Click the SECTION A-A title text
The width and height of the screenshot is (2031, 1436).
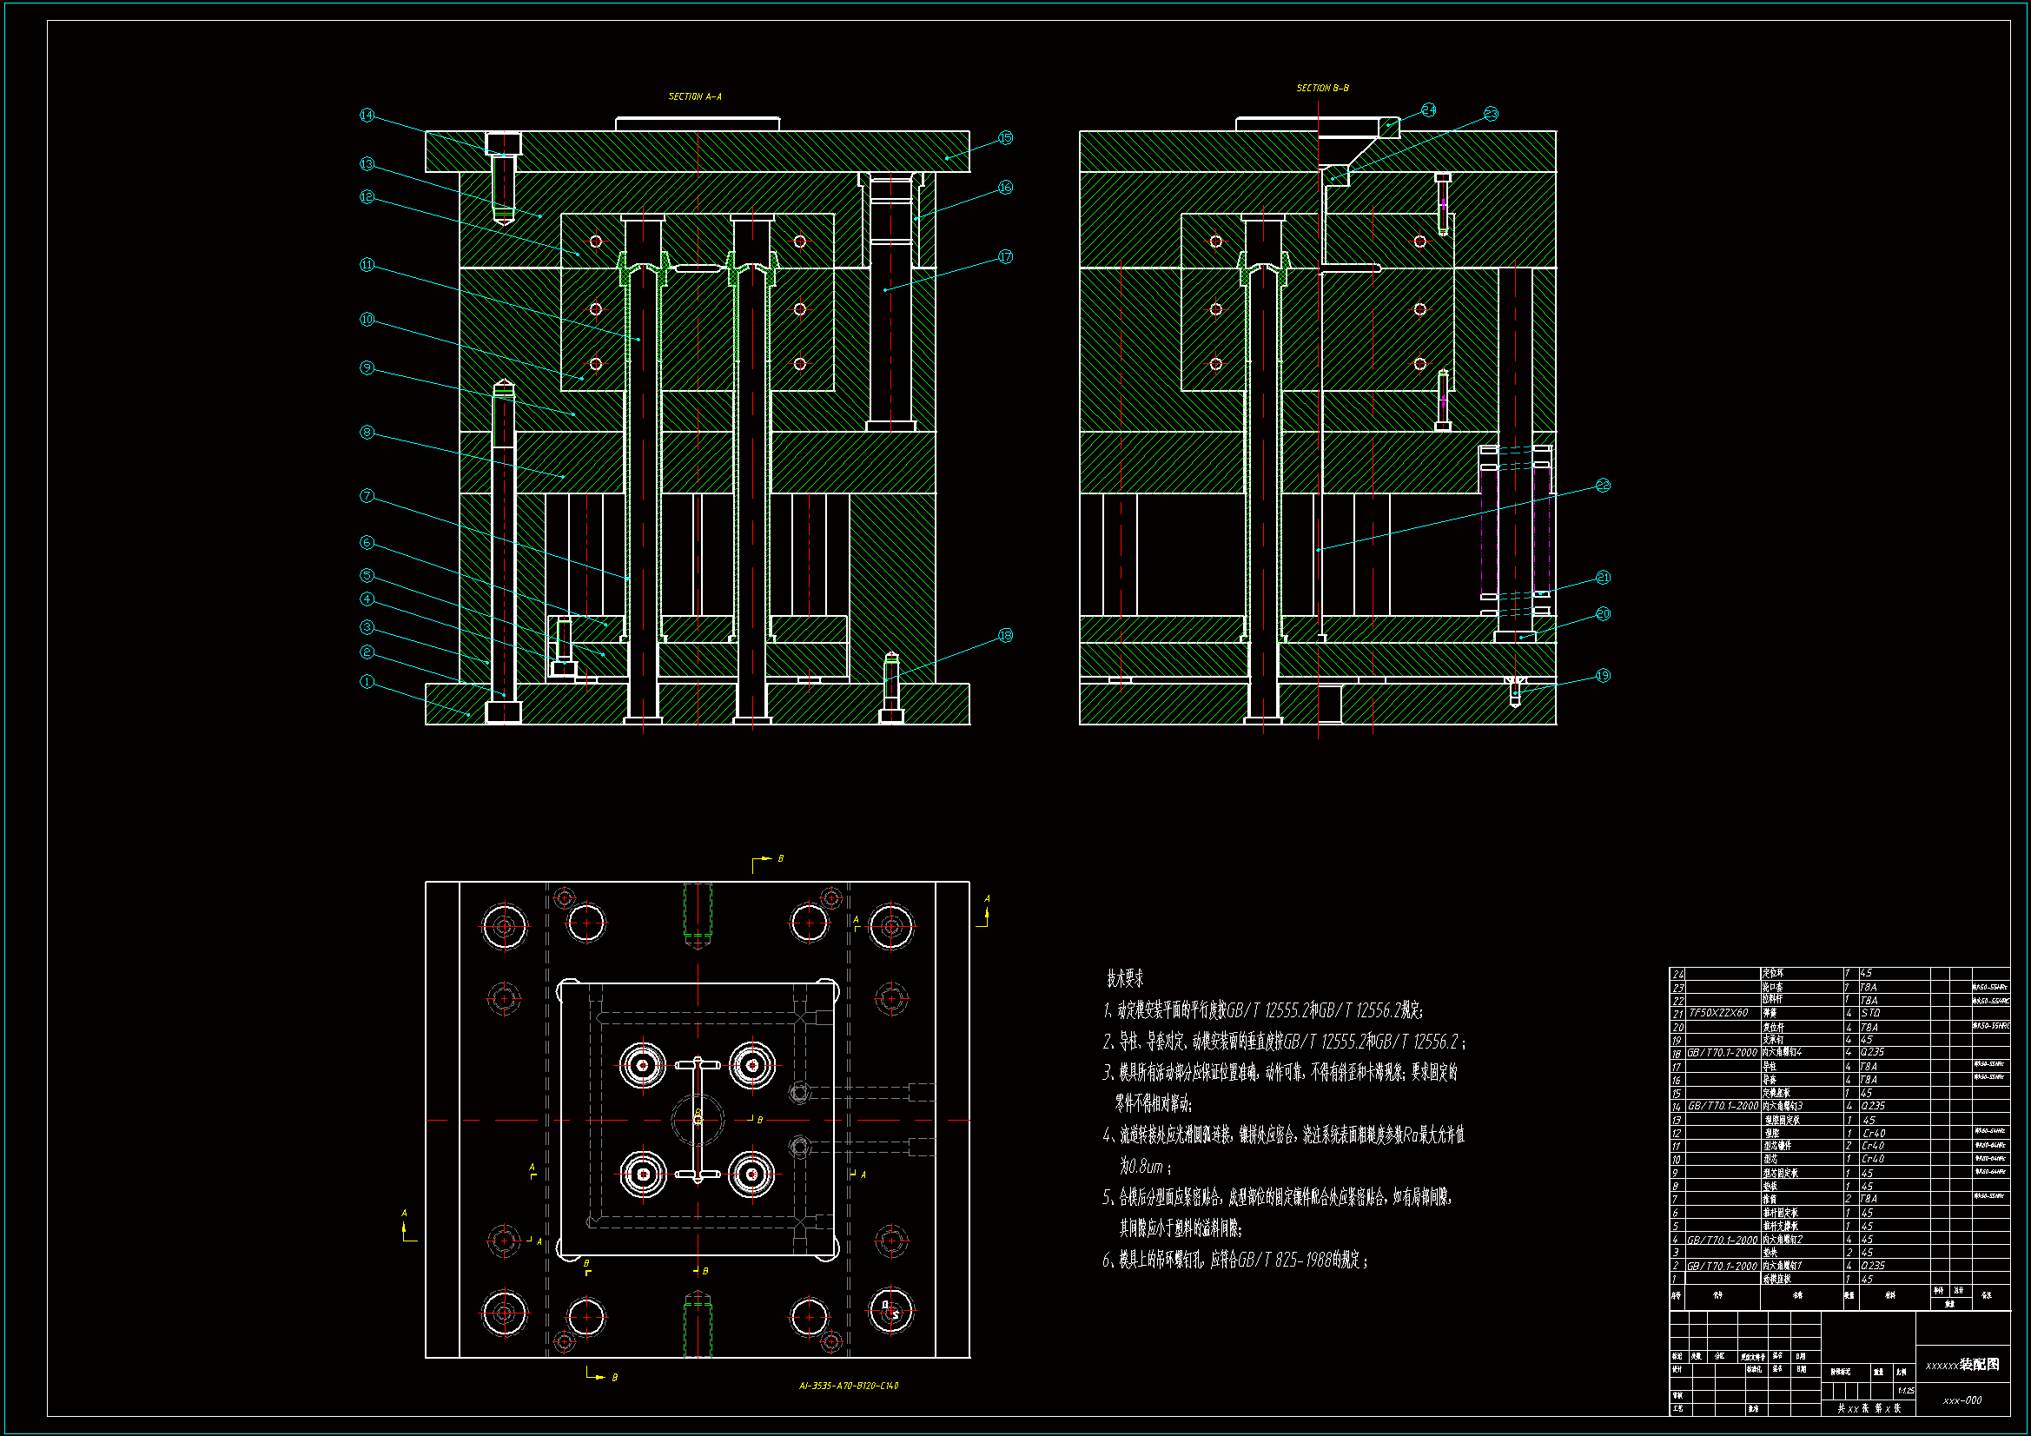694,96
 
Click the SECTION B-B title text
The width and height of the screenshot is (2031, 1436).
1321,88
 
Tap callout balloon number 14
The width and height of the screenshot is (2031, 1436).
367,116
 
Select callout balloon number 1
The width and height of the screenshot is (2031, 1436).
367,681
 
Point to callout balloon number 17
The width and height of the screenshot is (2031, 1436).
1005,256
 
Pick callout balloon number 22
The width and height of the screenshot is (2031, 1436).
1603,485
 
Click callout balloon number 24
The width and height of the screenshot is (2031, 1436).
1429,109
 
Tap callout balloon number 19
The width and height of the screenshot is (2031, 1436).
1603,675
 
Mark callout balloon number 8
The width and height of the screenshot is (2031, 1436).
367,432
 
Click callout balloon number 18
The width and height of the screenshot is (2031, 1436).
1005,635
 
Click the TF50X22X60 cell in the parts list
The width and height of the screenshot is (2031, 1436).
1718,1013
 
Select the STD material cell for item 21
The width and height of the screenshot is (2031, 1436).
1870,1013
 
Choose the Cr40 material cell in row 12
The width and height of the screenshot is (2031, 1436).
1874,1133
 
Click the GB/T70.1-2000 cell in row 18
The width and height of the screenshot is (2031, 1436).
1722,1053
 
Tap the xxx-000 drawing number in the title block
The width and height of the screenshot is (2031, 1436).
1962,1400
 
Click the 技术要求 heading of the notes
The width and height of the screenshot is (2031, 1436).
1124,978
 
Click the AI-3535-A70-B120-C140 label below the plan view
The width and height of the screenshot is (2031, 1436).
849,1386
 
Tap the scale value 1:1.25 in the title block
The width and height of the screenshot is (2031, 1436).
1906,1391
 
